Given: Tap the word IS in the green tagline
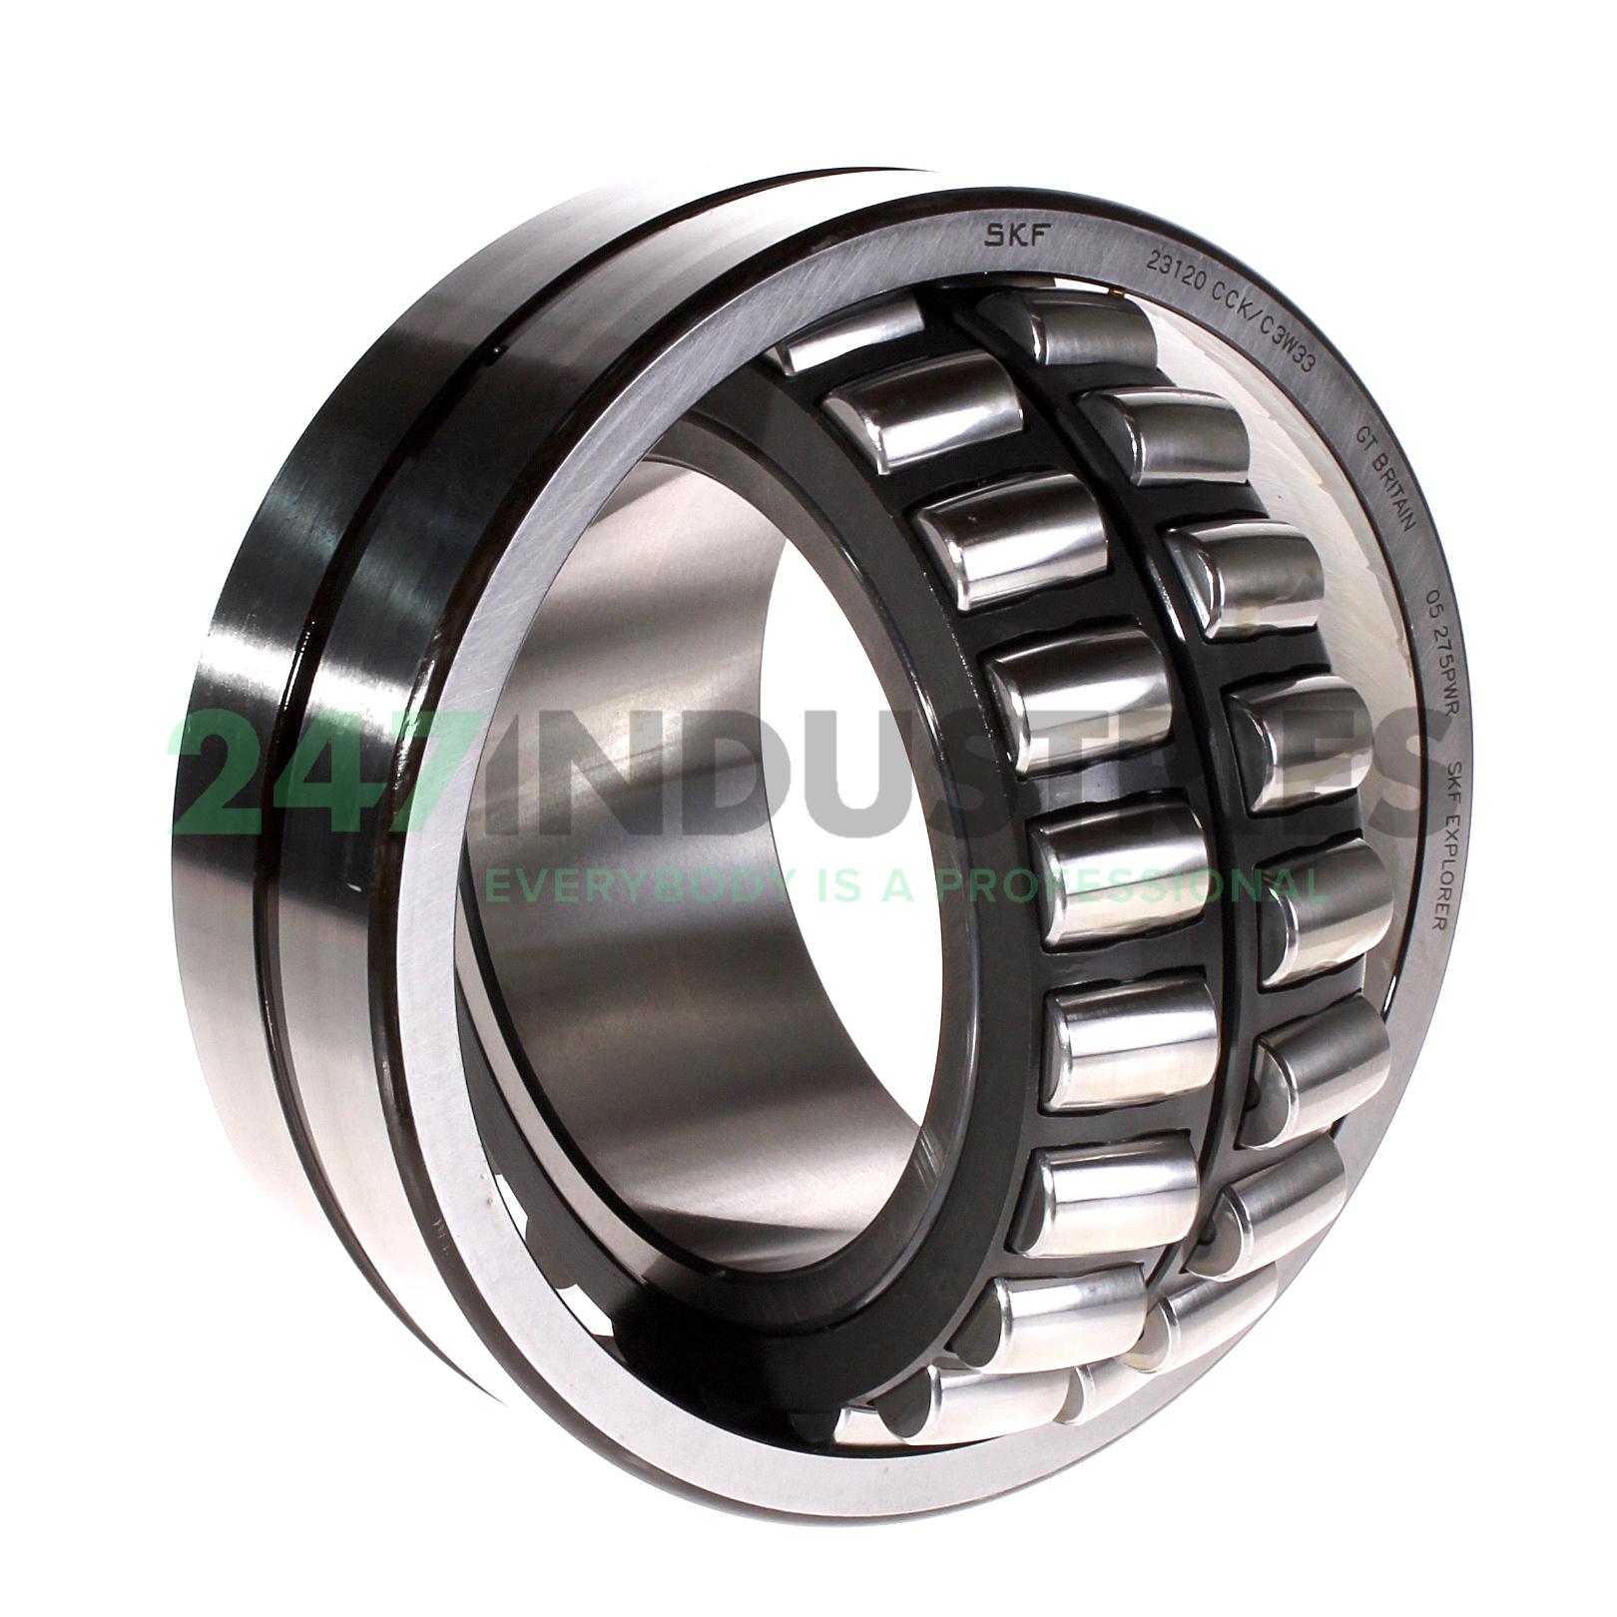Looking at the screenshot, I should tap(834, 882).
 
